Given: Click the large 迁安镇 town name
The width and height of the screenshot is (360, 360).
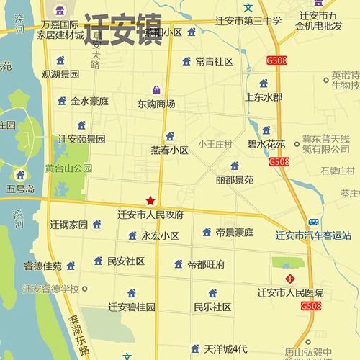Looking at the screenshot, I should tap(122, 30).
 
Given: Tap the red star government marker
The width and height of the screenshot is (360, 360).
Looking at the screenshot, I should tap(150, 200).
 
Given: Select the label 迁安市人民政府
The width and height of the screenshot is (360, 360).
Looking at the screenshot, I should tap(150, 215).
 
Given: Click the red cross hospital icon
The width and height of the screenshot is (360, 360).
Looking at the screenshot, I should tap(290, 278).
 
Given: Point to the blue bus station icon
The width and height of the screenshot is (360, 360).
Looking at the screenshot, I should tap(313, 222).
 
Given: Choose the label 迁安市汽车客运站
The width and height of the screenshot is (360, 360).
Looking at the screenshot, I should tap(313, 235).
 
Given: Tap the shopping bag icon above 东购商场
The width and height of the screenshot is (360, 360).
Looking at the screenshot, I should tap(156, 89).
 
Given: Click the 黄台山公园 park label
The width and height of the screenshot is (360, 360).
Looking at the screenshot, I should tap(69, 168).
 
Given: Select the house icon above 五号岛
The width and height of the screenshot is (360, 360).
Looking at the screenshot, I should tap(20, 175).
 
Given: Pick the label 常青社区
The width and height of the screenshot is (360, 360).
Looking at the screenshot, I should tap(214, 62).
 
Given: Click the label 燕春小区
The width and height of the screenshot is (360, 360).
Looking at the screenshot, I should tap(169, 150).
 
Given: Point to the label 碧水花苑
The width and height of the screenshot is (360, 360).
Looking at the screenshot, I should tap(266, 144).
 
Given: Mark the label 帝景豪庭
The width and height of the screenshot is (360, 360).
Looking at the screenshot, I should tap(235, 233).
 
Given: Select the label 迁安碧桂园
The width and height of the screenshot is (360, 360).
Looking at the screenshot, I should tap(132, 307).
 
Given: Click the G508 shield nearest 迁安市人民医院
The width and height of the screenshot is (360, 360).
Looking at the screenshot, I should tap(311, 306).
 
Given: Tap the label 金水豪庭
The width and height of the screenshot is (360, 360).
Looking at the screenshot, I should tap(89, 102).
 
